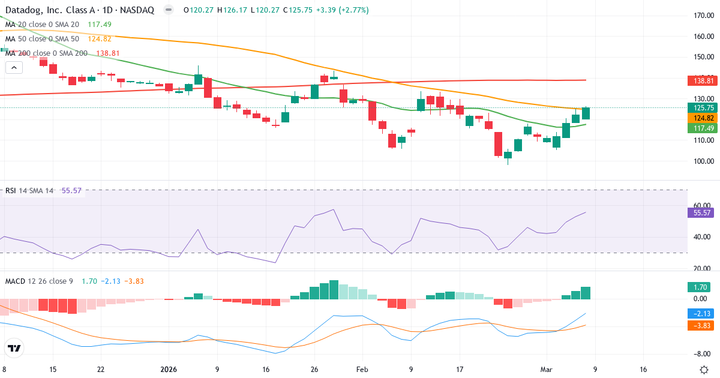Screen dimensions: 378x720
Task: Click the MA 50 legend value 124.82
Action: [100, 39]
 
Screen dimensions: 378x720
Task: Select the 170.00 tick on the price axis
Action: [703, 16]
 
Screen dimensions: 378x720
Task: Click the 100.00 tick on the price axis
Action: [703, 161]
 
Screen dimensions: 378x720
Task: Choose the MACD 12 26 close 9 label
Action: [39, 281]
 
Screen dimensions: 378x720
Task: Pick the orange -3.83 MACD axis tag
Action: [700, 325]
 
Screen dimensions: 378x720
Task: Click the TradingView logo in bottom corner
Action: [14, 348]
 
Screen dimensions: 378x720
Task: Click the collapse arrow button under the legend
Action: [14, 67]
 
